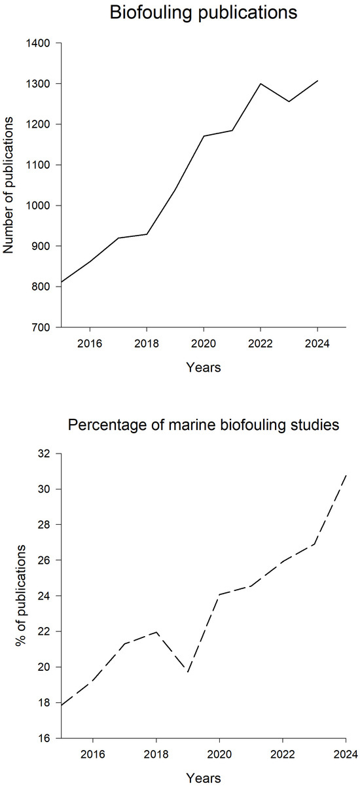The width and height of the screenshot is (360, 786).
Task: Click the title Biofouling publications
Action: (x=204, y=13)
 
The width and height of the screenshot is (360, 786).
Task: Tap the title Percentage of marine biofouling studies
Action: (x=204, y=425)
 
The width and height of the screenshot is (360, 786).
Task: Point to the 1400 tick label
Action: (x=37, y=43)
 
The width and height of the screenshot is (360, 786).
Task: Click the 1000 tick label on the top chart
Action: (x=37, y=205)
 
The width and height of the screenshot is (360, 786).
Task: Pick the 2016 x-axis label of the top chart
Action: (x=90, y=344)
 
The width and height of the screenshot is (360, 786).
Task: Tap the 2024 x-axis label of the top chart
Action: (x=317, y=344)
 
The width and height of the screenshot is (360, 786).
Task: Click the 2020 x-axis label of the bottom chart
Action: (x=219, y=755)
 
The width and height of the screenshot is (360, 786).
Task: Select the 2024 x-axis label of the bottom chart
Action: (x=346, y=755)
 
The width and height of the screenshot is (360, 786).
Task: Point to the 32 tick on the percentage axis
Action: (x=44, y=454)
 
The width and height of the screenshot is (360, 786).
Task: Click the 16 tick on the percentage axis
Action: (x=44, y=738)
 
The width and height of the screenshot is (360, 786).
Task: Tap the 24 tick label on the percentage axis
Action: (x=44, y=596)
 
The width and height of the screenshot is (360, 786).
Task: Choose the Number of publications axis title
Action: (x=8, y=185)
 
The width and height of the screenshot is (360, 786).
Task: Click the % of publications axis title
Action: (x=21, y=596)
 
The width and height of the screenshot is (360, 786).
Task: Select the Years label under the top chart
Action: (x=204, y=367)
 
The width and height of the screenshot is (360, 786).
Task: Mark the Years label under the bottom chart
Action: (x=204, y=778)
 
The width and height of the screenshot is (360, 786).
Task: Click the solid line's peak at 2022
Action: (x=261, y=84)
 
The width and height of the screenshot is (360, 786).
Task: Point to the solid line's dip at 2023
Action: (x=289, y=101)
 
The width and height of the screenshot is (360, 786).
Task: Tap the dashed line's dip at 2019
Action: (x=188, y=672)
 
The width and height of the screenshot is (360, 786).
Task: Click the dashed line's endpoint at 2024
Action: (x=346, y=474)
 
